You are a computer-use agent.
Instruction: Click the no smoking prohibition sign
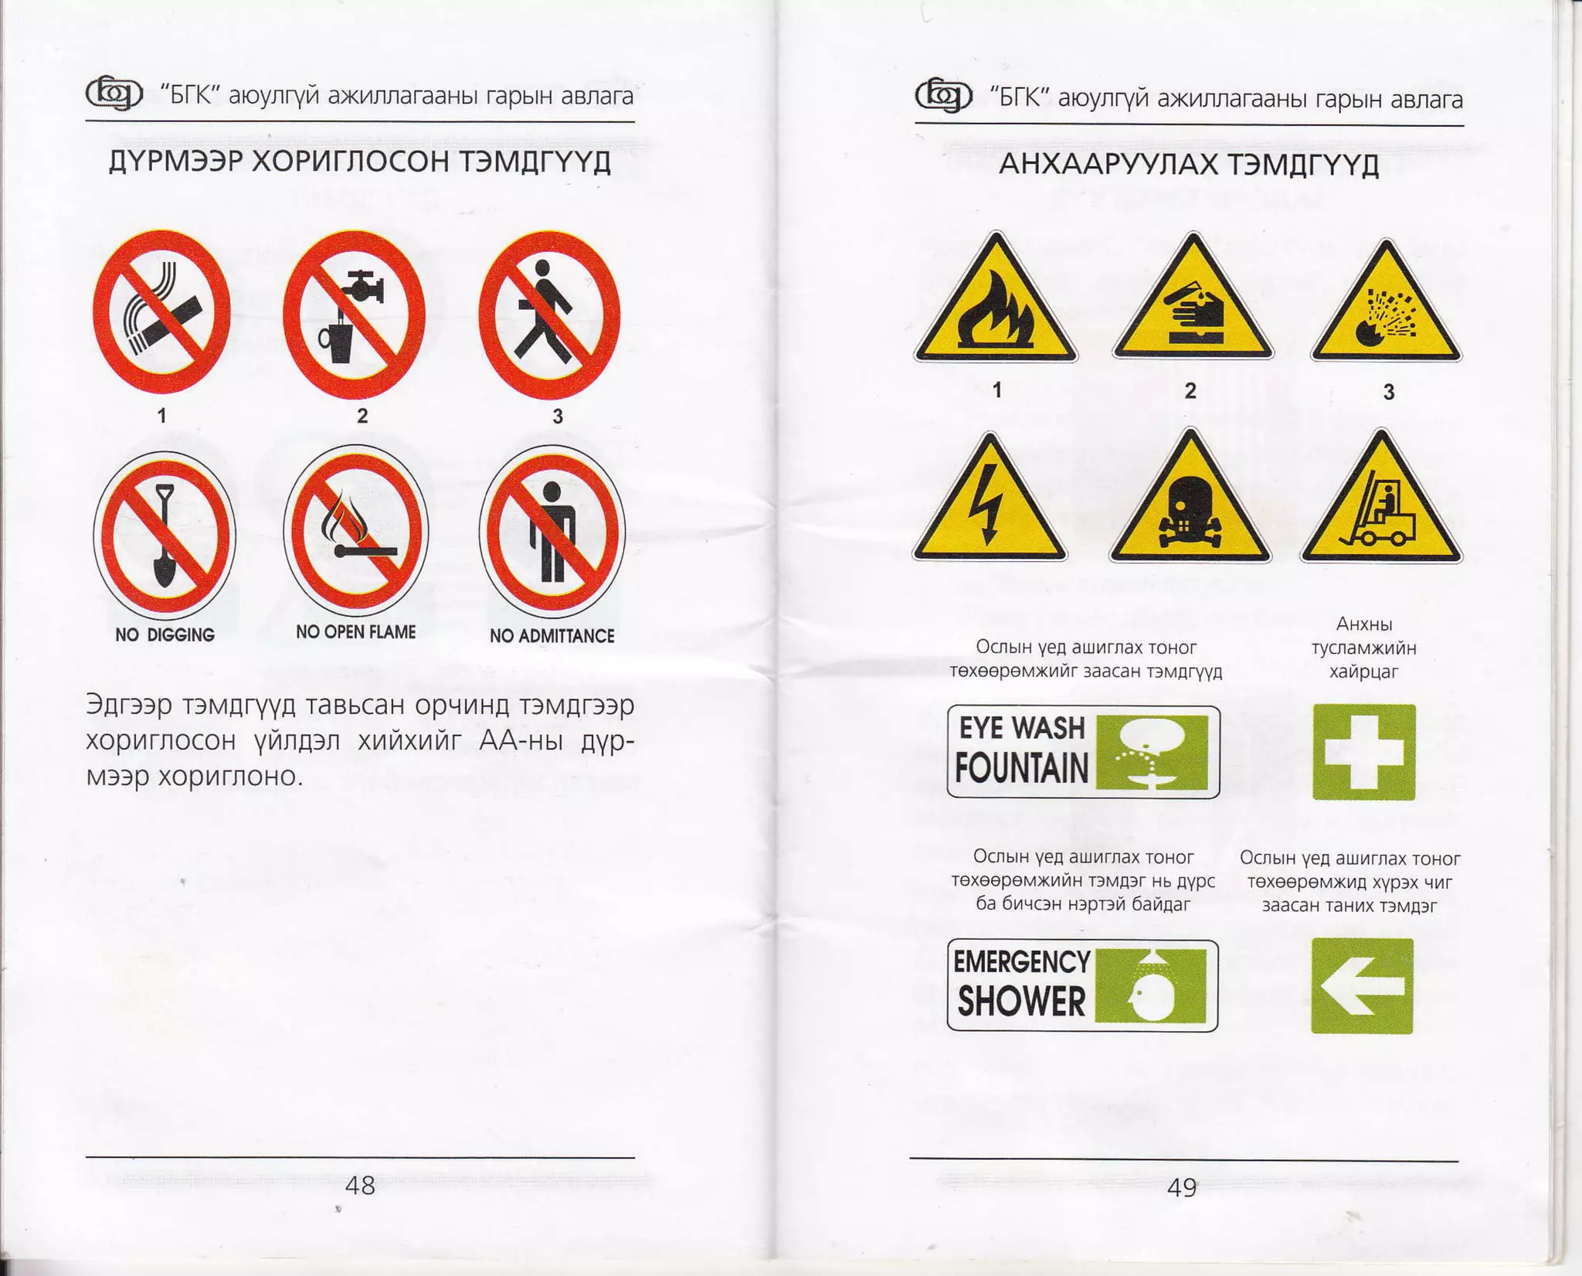(161, 311)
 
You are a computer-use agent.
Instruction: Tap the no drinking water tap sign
(355, 314)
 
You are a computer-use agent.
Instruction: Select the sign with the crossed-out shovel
(164, 535)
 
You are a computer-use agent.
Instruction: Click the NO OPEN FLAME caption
(355, 632)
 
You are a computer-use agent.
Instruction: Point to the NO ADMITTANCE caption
(552, 636)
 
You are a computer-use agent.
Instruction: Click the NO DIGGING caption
(165, 635)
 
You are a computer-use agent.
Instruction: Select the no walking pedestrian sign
(549, 315)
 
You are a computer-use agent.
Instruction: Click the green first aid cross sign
(1364, 752)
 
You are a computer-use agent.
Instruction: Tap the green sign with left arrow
(1363, 986)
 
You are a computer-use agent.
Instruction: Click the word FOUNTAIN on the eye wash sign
(1021, 767)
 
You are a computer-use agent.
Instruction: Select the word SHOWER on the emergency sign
(1021, 1001)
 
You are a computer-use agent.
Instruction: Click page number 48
(360, 1186)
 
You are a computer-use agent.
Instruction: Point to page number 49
(1182, 1188)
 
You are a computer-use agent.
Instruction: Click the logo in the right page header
(943, 97)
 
